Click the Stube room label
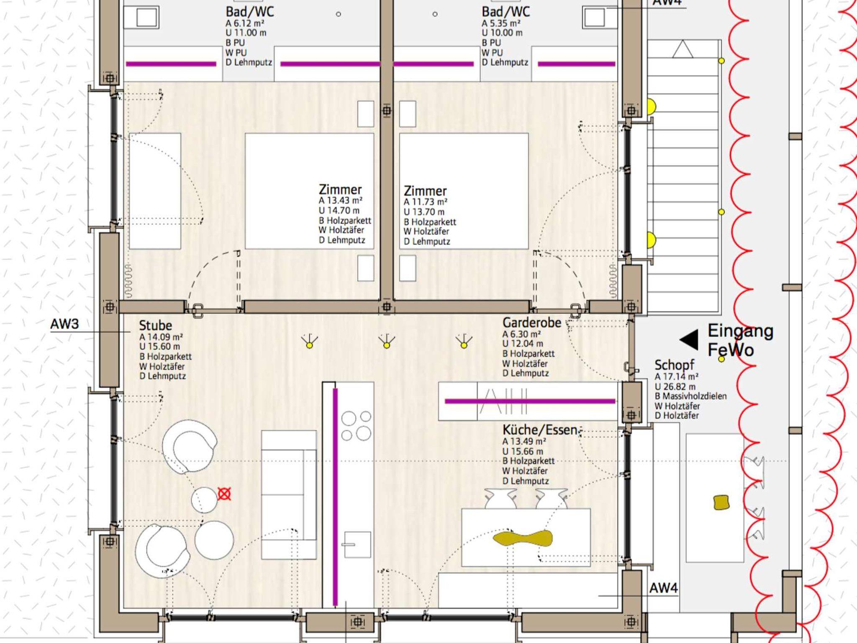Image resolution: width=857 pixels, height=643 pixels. click(x=155, y=326)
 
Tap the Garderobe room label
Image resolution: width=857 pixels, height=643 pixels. click(x=531, y=323)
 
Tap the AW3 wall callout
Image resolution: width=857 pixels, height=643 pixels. click(x=64, y=324)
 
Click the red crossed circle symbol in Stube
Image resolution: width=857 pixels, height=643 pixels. click(x=224, y=494)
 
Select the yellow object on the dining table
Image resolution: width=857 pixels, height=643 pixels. click(x=523, y=538)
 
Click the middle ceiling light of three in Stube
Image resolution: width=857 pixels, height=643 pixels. click(x=386, y=342)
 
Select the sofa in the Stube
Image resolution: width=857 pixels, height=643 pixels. click(x=289, y=495)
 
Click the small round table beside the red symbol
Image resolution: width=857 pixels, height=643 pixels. click(x=204, y=500)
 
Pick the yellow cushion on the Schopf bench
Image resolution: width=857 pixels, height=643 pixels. click(x=721, y=503)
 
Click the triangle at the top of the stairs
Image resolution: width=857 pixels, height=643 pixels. click(x=683, y=49)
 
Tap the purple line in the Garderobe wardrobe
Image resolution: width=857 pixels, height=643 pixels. click(x=530, y=401)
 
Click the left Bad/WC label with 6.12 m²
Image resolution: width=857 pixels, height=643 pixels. click(x=250, y=12)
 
